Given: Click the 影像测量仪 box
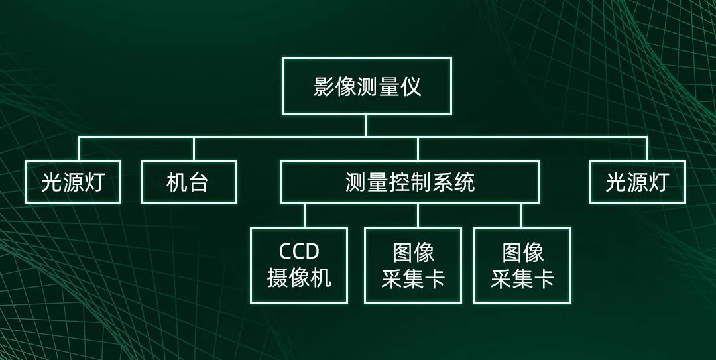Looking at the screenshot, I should point(367,86).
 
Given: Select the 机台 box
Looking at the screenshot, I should point(189,182).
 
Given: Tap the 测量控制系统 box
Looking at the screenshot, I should point(410,182).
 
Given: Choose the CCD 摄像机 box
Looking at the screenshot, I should point(299,265).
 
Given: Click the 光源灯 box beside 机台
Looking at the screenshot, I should point(73,182).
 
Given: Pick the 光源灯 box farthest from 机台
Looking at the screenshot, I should point(636,182).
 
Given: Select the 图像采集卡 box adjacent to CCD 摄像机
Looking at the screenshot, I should point(412,265).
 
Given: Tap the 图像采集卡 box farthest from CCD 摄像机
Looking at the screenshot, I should point(522,265).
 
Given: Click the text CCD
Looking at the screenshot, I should point(299,251).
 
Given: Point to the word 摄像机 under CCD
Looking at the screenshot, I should point(299,278).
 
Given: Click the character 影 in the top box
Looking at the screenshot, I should point(324,87).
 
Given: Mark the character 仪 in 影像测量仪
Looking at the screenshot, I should point(411,87).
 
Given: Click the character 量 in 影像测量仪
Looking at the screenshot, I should point(389,87).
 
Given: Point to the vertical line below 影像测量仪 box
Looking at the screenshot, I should point(366,125).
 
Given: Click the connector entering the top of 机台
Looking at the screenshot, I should point(194,149).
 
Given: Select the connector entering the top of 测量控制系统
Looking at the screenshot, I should point(418,149).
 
